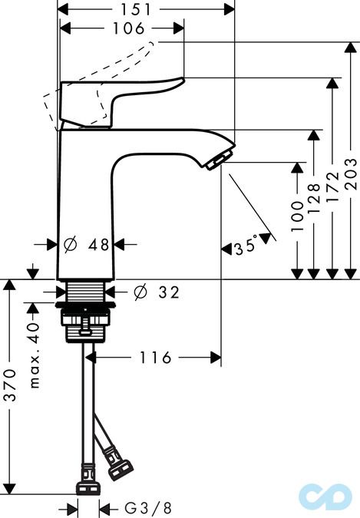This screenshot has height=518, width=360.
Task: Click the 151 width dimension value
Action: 147,8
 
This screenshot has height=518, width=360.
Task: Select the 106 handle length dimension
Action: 124,28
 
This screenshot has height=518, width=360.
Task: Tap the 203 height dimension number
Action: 351,174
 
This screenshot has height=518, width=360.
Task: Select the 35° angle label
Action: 246,247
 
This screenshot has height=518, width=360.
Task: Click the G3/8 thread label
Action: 149,508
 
